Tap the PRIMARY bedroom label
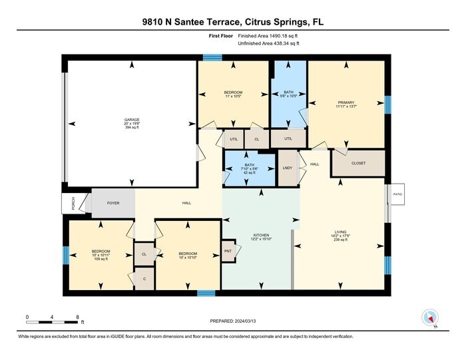click(x=346, y=102)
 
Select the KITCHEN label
click(x=261, y=235)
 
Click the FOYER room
click(x=113, y=202)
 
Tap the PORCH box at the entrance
click(x=73, y=204)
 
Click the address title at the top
click(x=233, y=21)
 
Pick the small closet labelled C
click(x=144, y=277)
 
